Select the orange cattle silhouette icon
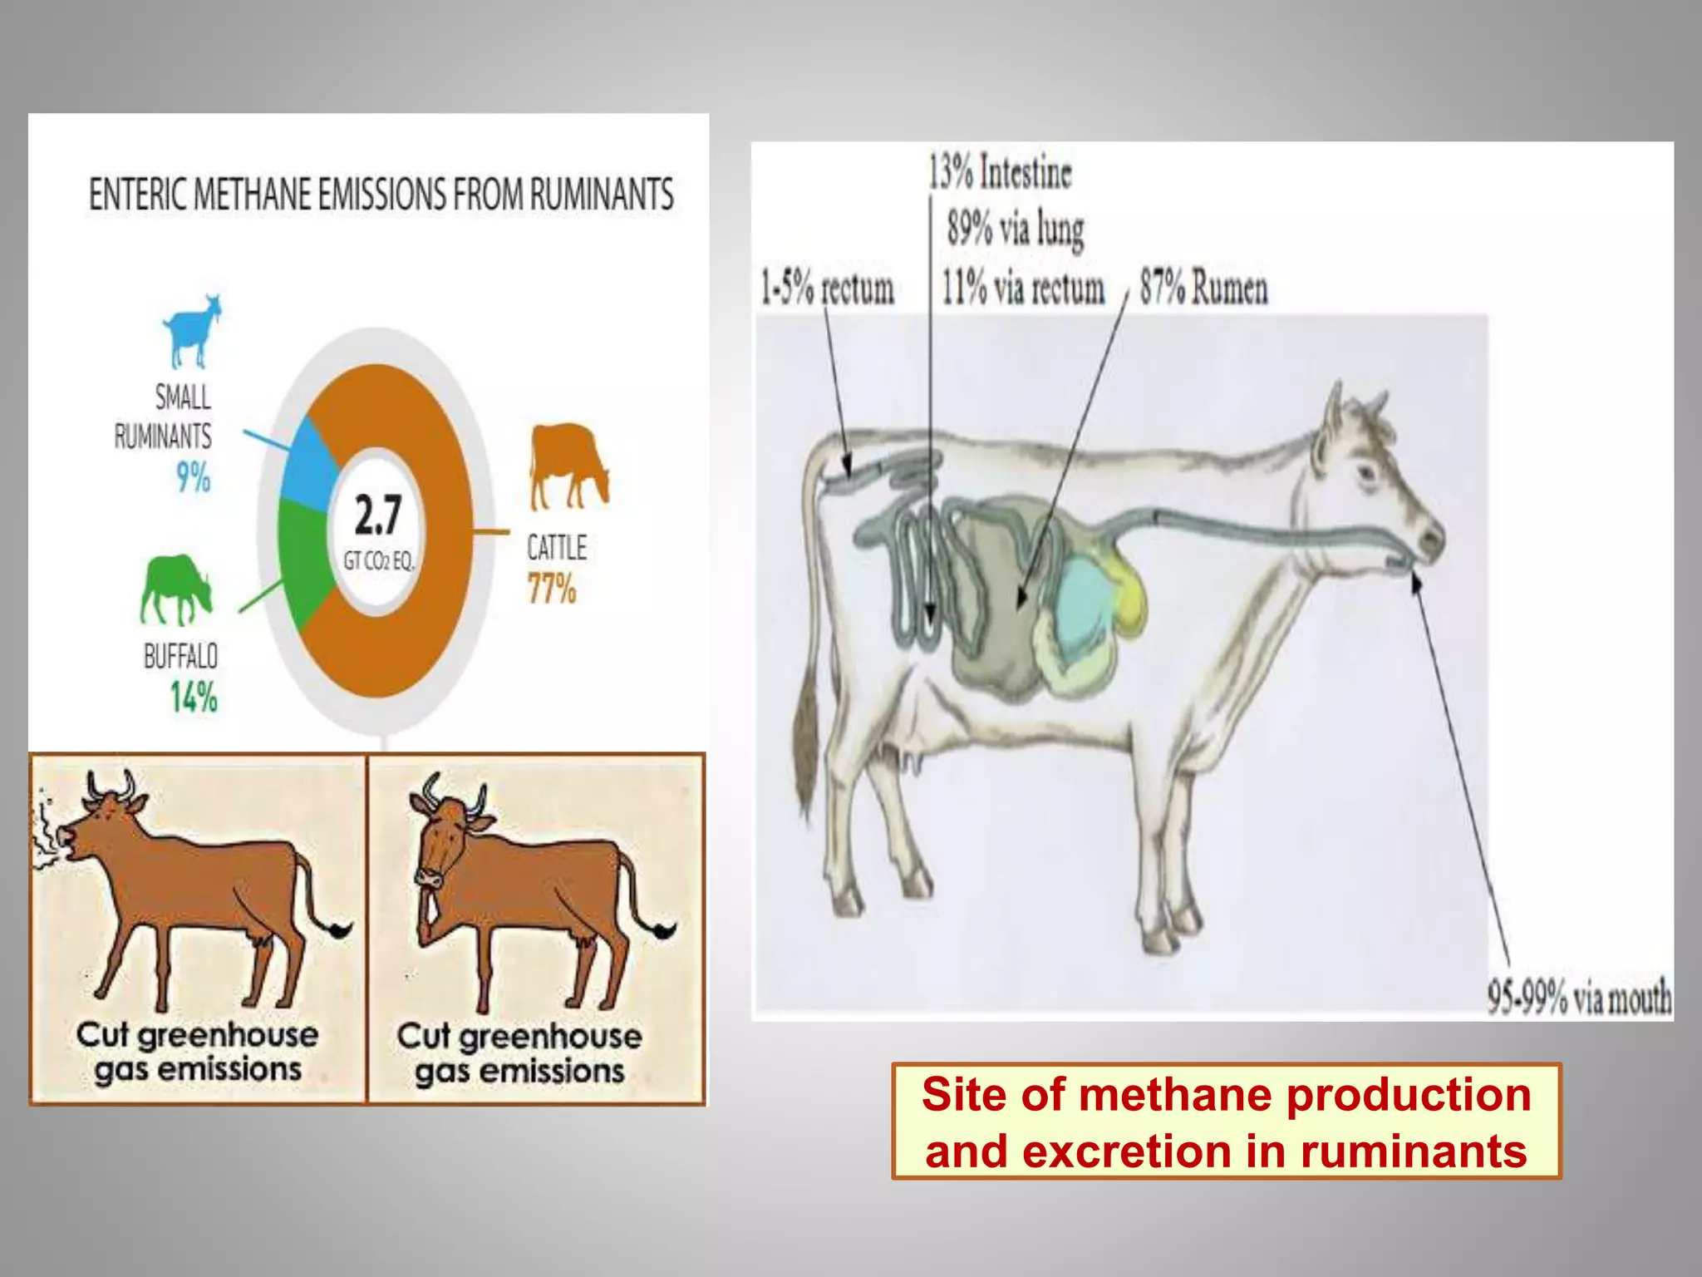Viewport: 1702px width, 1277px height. [568, 465]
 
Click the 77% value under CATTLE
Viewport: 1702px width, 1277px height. [552, 589]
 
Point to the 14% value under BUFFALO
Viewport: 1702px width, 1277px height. [194, 697]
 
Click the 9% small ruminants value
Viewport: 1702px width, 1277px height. [193, 477]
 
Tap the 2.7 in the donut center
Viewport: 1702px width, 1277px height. [378, 515]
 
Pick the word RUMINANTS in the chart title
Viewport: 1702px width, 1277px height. [602, 195]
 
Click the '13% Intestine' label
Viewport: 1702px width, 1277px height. [1000, 173]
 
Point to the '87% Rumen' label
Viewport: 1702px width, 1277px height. [1203, 288]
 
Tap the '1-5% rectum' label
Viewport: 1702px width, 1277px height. [827, 288]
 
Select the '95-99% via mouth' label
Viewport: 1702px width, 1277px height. [1579, 997]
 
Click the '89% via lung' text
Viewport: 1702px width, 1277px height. [1016, 229]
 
